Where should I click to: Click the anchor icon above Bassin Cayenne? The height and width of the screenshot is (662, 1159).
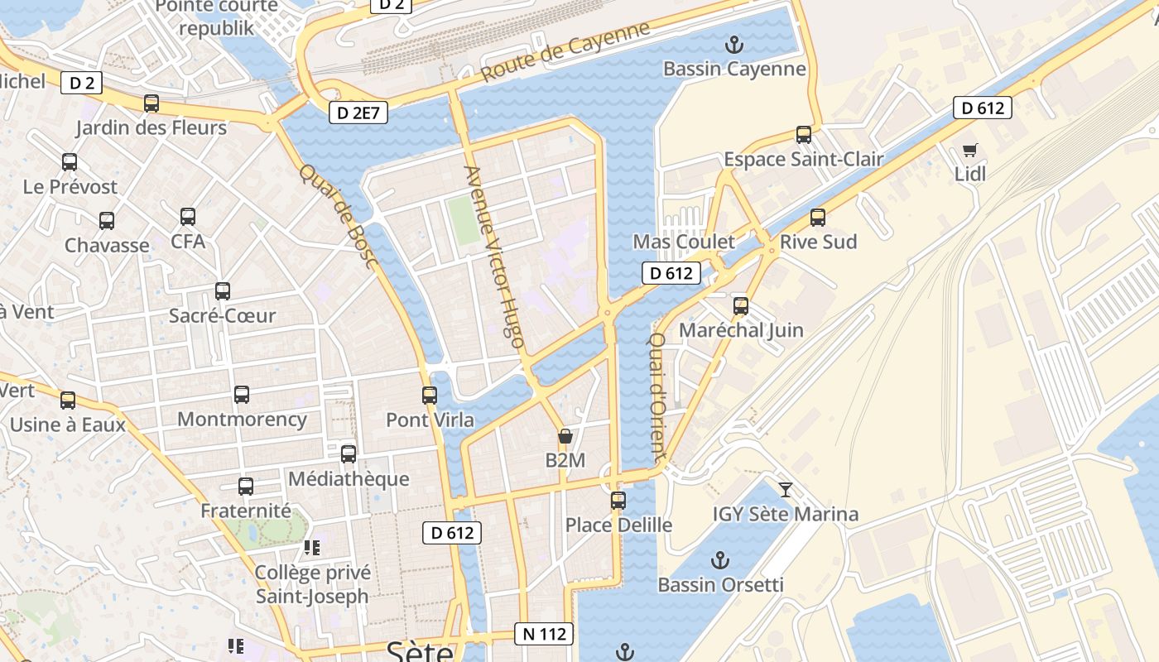pos(733,43)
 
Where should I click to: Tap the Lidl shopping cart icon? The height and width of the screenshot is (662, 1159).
pos(970,150)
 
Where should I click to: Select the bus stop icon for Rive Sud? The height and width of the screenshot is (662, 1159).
pos(818,218)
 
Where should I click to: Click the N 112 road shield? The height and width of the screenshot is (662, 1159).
pos(544,634)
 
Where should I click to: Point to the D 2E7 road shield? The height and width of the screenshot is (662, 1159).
pos(358,113)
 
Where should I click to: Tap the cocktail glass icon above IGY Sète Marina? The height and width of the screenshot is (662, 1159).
pos(786,489)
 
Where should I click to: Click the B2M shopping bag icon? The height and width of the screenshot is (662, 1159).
pos(565,436)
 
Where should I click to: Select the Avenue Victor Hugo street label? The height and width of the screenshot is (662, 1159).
pos(494,257)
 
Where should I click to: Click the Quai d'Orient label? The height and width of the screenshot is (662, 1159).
pos(657,397)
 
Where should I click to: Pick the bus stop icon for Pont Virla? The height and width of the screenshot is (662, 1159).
pos(429,396)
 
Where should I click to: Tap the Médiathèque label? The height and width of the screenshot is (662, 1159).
pos(349,478)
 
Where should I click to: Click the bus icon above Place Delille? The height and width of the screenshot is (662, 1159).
pos(618,501)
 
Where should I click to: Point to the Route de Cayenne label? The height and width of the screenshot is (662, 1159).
pos(565,51)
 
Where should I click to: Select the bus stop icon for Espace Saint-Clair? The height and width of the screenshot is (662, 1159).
pos(803,134)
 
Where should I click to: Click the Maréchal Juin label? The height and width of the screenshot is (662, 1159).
pos(741,330)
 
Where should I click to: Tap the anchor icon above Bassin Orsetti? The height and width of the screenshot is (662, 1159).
pos(720,560)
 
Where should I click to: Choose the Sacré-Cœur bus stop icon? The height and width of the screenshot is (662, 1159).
pos(222,291)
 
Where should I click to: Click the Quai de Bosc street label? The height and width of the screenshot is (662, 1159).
pos(339,216)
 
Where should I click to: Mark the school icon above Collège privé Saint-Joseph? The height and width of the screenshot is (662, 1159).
pos(312,548)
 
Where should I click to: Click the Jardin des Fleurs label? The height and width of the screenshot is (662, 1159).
pos(151,127)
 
